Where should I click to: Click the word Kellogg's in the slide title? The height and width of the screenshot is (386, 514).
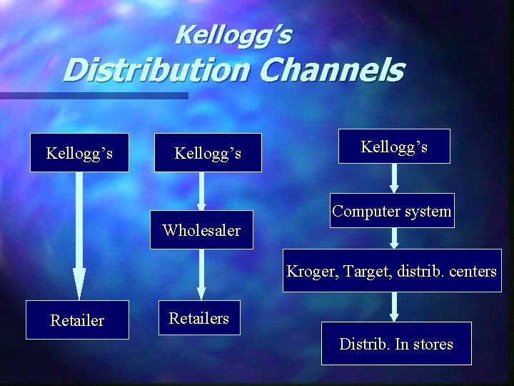[233, 34]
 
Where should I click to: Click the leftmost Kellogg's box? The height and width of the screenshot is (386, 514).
[79, 153]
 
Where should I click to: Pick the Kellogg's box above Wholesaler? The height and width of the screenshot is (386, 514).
[208, 153]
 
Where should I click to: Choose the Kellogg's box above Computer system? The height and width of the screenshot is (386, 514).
[394, 147]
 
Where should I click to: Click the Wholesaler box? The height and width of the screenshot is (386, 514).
[201, 230]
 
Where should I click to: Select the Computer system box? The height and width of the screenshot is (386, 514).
[392, 211]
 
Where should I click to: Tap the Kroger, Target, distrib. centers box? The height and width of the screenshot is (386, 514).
[392, 271]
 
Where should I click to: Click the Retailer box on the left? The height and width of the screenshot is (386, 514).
[77, 320]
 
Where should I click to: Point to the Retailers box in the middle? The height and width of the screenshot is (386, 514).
[199, 318]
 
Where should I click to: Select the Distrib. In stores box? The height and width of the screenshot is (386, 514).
[396, 344]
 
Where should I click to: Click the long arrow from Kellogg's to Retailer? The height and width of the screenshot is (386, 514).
[79, 236]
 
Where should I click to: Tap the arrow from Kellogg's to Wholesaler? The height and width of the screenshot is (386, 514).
[201, 192]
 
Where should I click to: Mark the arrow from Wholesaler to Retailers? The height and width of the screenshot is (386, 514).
[201, 274]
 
